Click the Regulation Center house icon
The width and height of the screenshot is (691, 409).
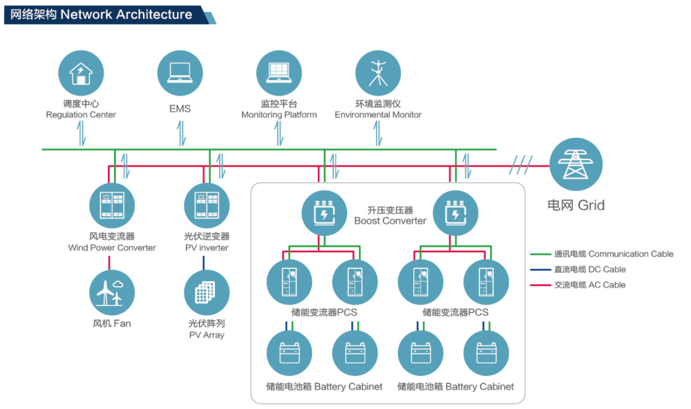pos(81,73)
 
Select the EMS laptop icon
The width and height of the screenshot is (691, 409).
pos(180,73)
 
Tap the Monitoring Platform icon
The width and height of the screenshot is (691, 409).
pos(278,73)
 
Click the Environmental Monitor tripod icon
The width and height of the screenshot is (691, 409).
pos(378,73)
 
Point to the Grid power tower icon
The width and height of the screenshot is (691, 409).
pos(576,164)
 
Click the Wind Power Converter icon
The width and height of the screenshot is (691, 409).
pos(112,205)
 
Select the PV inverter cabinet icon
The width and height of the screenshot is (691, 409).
pos(207,205)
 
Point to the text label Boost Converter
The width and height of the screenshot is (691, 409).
pos(390,221)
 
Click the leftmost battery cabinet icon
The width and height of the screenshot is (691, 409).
pos(289,353)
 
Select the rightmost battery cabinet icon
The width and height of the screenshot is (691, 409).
pos(486,353)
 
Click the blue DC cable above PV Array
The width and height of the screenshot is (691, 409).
pos(204,263)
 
